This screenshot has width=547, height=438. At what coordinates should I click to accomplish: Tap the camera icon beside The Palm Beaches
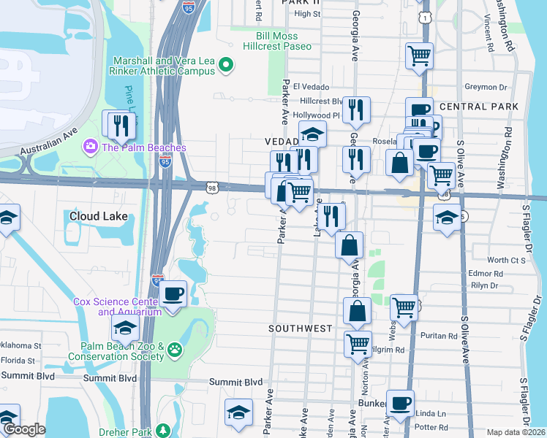pyautogui.click(x=91, y=147)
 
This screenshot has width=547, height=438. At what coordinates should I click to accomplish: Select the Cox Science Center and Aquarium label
pyautogui.click(x=106, y=307)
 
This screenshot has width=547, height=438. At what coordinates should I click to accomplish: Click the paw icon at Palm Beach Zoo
pyautogui.click(x=175, y=350)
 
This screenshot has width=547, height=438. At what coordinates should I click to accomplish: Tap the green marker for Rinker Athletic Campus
pyautogui.click(x=226, y=66)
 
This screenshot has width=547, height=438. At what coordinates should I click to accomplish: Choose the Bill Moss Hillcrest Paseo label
pyautogui.click(x=284, y=41)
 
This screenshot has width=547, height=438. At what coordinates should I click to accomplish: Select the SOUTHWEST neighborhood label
pyautogui.click(x=301, y=328)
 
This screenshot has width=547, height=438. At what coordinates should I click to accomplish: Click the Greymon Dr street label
pyautogui.click(x=501, y=87)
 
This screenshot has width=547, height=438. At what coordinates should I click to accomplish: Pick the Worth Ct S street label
pyautogui.click(x=507, y=260)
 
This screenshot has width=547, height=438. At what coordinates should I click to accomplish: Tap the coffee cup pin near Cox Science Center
pyautogui.click(x=173, y=294)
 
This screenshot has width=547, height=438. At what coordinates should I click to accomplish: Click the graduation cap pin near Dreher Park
pyautogui.click(x=239, y=413)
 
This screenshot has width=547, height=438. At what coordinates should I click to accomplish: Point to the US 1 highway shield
pyautogui.click(x=424, y=16)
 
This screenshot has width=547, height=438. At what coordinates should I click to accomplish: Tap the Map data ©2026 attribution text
pyautogui.click(x=516, y=432)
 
